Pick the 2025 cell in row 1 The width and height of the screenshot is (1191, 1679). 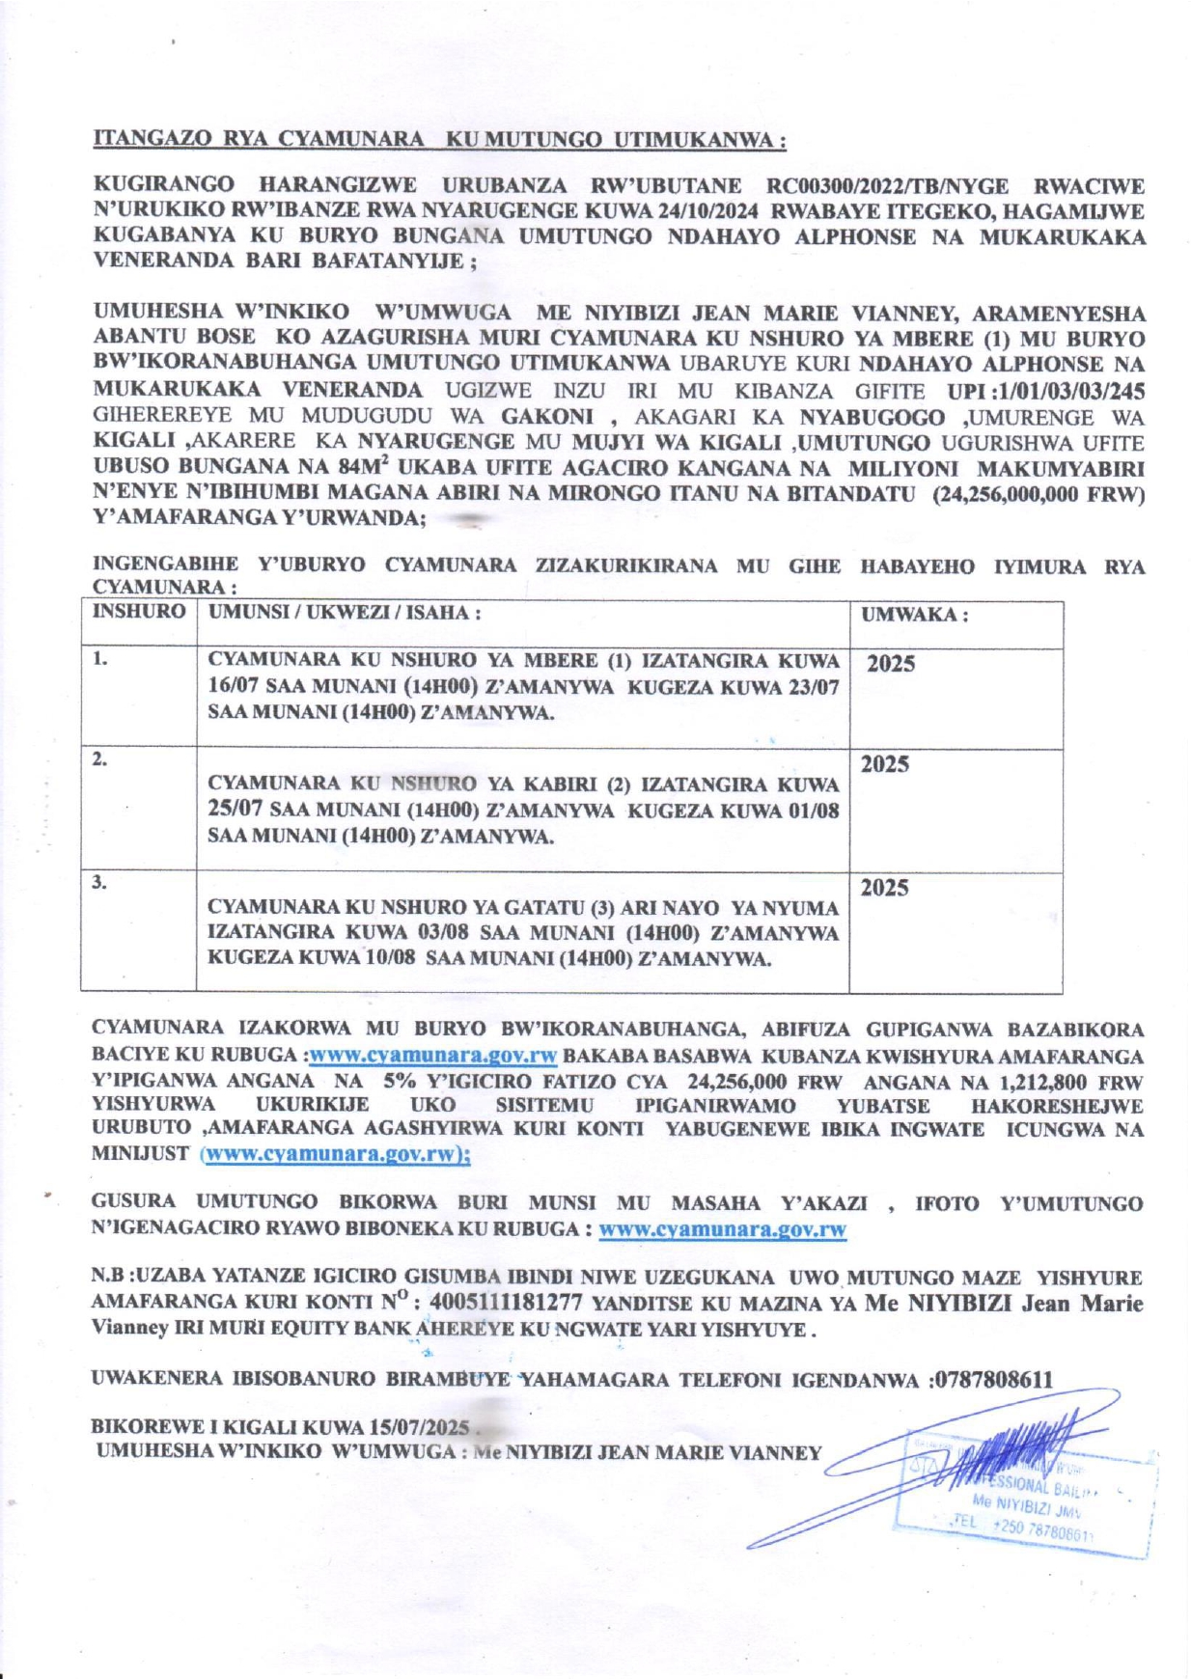(890, 664)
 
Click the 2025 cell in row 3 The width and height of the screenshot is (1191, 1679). (884, 888)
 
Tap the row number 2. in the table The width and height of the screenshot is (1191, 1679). (100, 759)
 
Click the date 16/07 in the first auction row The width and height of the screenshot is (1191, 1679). (237, 687)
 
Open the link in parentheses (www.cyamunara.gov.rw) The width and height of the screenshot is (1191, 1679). (335, 1154)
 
